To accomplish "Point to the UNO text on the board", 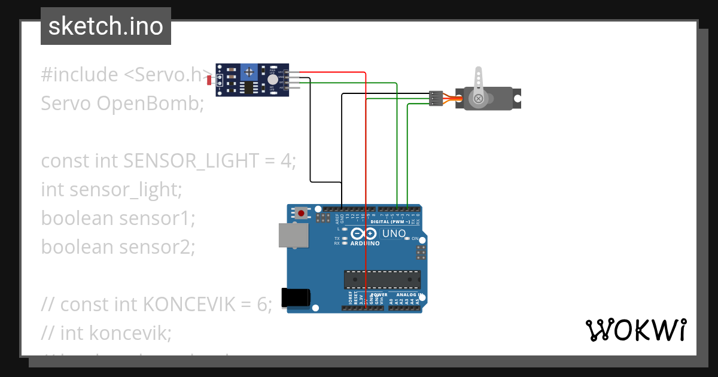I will tap(394, 233).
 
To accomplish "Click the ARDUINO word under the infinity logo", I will tap(365, 244).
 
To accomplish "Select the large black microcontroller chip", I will tap(382, 279).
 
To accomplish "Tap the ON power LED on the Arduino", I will tap(407, 238).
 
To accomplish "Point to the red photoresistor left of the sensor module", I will tap(209, 79).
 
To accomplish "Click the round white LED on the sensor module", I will tap(273, 80).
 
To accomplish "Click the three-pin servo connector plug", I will tap(436, 98).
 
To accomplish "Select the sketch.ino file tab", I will tap(106, 26).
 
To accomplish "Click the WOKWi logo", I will tap(635, 330).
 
